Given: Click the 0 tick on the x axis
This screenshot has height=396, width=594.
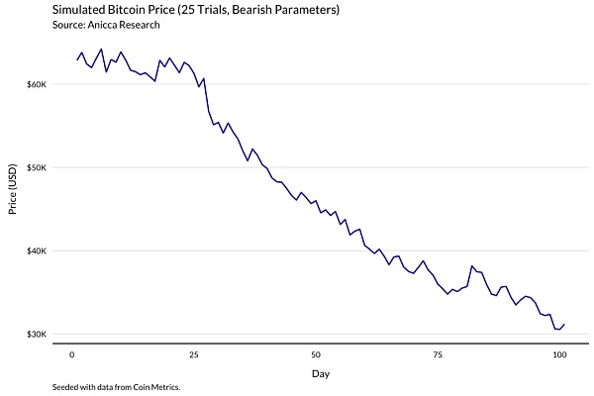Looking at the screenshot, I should tap(72, 353).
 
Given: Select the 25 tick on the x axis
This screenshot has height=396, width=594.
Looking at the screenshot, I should tap(194, 353).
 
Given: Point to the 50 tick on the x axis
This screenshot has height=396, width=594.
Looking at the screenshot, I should tap(316, 353).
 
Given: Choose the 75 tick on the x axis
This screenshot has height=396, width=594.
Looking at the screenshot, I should tap(438, 353).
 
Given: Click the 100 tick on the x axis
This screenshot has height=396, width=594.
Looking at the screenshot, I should tap(559, 353).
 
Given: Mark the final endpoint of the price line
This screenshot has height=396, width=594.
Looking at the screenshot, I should tap(564, 324).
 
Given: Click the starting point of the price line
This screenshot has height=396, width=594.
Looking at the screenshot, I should tap(77, 59).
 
